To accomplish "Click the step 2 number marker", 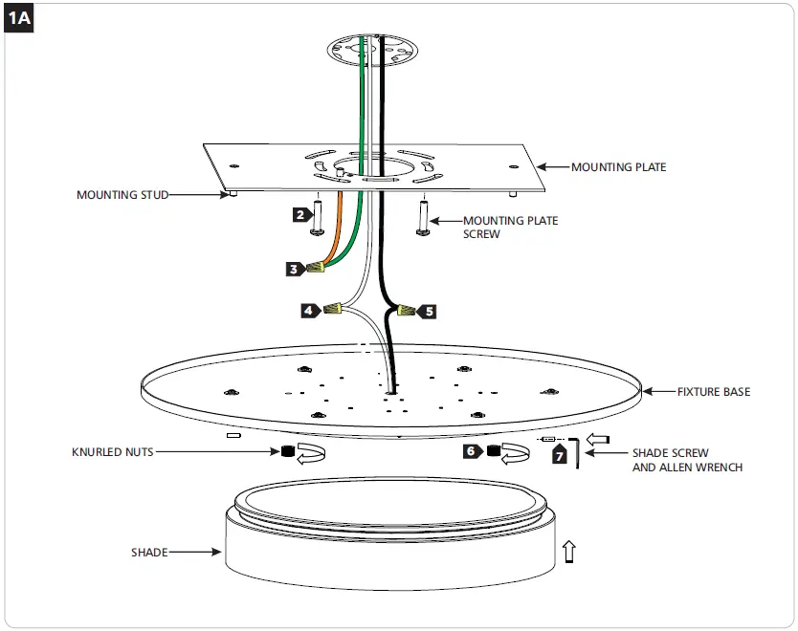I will click(x=300, y=215).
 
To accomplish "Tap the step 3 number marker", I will click(x=294, y=270).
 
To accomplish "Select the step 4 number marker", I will click(x=309, y=311).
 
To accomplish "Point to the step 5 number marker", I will click(x=428, y=311).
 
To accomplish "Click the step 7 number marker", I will click(x=560, y=457).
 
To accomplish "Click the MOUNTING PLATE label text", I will click(x=618, y=167).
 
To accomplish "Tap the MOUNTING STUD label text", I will click(x=122, y=195).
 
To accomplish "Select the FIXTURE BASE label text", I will click(x=714, y=392).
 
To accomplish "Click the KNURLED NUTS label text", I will click(x=112, y=452).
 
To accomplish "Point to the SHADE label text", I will click(x=150, y=553).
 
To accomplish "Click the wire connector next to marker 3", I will click(x=318, y=269).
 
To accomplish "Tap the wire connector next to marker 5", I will click(x=407, y=311).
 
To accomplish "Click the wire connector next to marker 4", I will click(x=334, y=310).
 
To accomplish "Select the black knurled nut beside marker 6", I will click(x=494, y=451).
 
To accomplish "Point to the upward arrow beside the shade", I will click(x=570, y=551).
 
